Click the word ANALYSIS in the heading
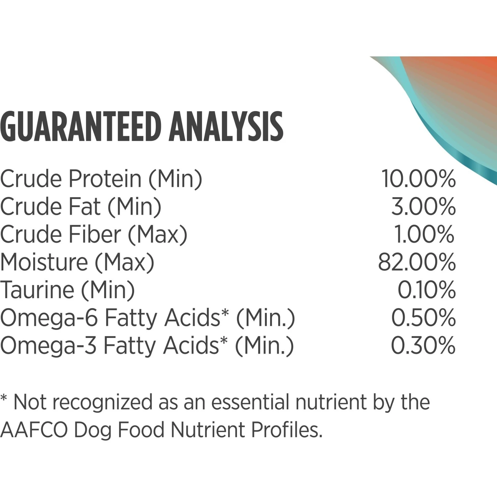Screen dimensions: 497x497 tap(226, 127)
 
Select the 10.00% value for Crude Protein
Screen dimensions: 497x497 tap(418, 179)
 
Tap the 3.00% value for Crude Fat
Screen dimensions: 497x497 tap(423, 207)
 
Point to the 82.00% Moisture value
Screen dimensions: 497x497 tap(417, 262)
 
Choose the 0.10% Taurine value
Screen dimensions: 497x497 tap(427, 290)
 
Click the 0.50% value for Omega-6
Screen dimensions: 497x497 tap(423, 318)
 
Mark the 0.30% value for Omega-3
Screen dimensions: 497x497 tap(423, 346)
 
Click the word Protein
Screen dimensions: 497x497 tap(105, 179)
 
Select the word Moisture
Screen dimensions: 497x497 tap(44, 262)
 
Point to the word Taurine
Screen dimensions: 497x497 tap(37, 290)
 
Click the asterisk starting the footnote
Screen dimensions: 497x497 tap(4, 398)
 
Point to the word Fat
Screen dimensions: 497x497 tap(84, 207)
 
